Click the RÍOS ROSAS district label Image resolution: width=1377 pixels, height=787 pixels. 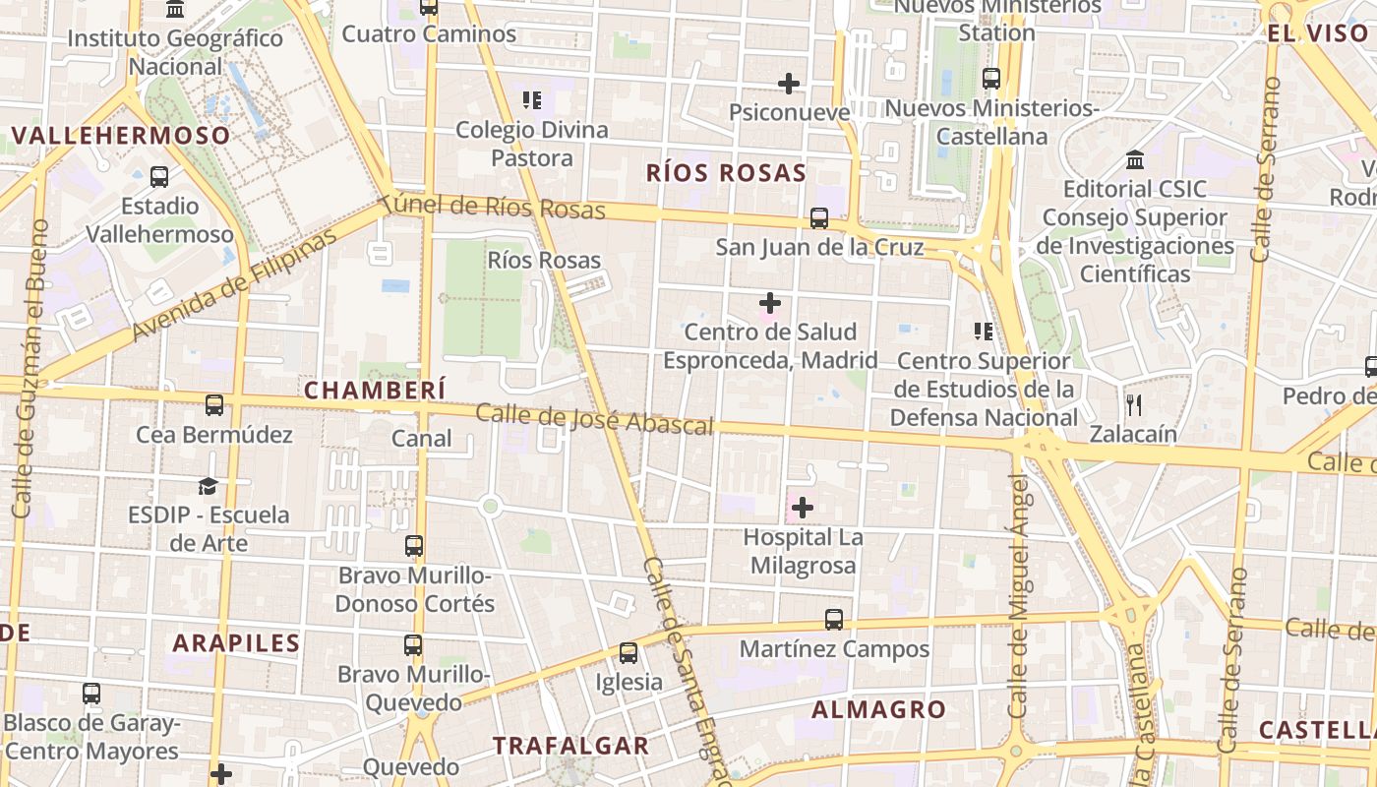(x=726, y=173)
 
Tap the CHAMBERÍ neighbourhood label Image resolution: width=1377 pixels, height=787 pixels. (x=375, y=390)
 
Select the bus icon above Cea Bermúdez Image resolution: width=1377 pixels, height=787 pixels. (x=214, y=404)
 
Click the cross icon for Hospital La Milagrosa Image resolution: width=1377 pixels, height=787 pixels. (x=803, y=508)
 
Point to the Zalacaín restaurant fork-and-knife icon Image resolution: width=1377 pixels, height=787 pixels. (x=1134, y=404)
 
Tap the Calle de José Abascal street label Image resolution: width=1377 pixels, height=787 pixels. (x=594, y=419)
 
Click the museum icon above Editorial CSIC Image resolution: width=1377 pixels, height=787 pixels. (x=1135, y=159)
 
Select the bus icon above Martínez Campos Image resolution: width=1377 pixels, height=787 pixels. (x=834, y=619)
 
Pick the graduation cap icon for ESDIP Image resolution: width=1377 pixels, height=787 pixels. (x=208, y=486)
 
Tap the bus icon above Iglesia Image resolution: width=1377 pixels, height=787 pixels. (x=628, y=652)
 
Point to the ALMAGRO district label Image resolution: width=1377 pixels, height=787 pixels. (x=878, y=709)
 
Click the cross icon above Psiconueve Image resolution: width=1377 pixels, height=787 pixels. (x=789, y=84)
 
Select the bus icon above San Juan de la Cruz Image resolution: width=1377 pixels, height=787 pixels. (x=819, y=217)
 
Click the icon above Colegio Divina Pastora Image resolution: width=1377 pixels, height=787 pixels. (x=532, y=99)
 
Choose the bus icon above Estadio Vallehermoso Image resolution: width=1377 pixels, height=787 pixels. (x=159, y=177)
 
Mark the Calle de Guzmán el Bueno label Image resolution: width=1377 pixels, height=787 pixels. (x=27, y=369)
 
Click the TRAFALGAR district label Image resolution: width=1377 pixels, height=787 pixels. (x=570, y=746)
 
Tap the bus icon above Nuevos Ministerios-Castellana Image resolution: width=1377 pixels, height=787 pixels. (x=991, y=79)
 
